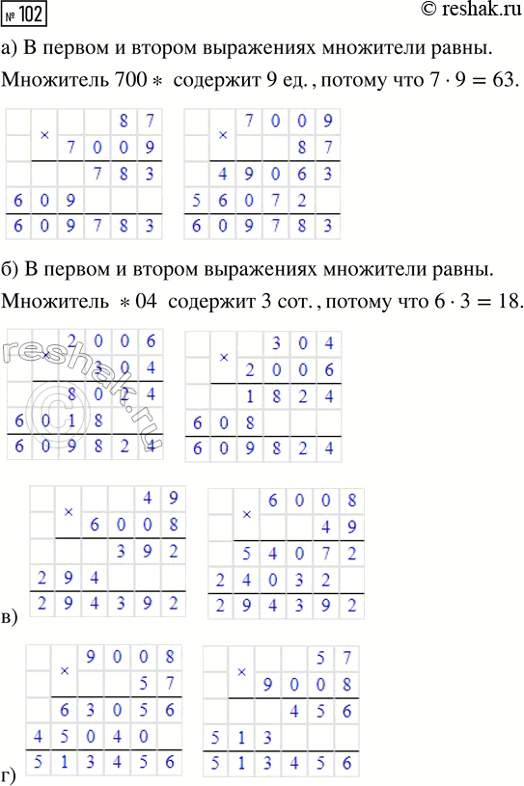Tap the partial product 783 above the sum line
point(124,175)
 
